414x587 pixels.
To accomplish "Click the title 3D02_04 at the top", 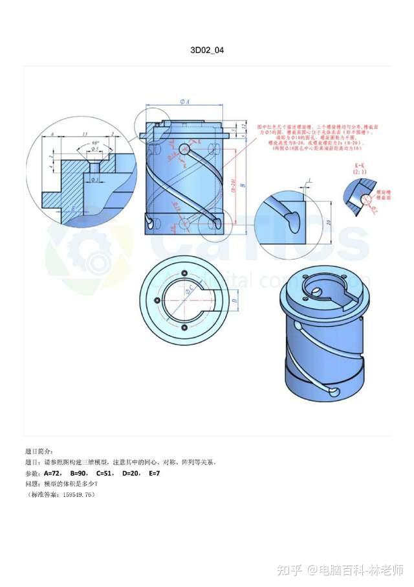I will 208,49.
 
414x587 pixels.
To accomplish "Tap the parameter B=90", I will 80,474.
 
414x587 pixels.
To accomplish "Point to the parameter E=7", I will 154,474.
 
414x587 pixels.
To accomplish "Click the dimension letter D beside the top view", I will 234,301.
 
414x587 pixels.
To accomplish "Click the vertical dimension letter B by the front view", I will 243,185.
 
